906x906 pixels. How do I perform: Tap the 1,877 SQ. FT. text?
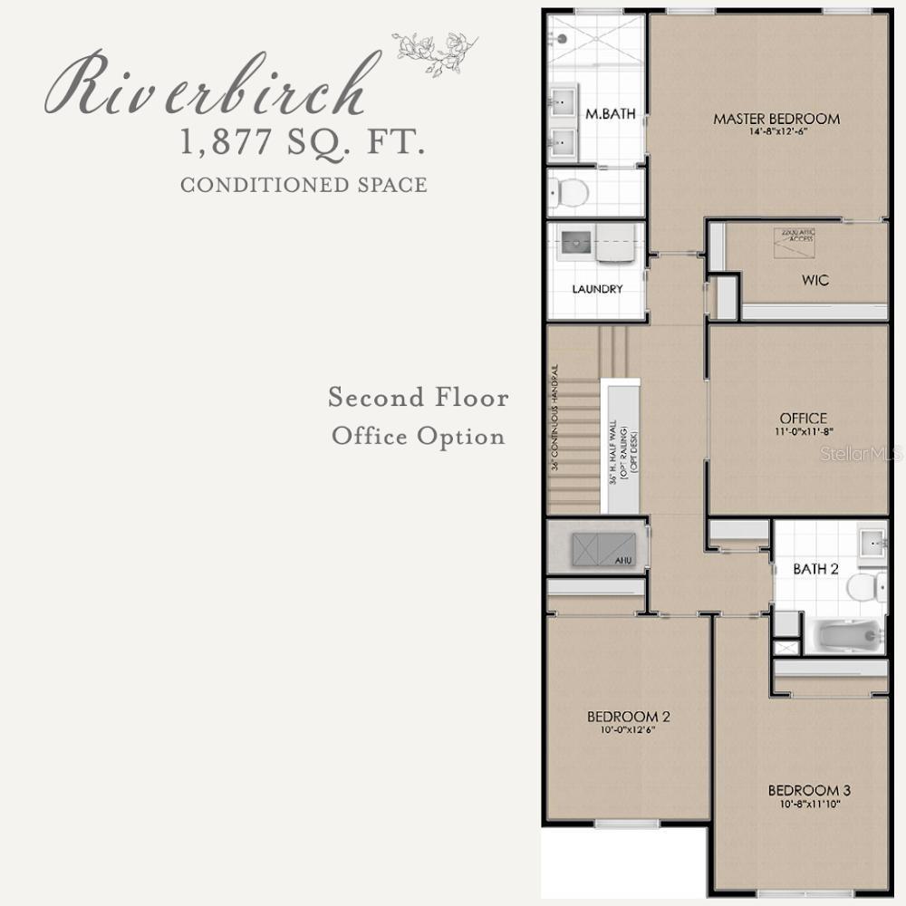tap(303, 143)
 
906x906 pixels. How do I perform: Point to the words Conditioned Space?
tap(304, 185)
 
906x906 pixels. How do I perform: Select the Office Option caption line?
tap(418, 436)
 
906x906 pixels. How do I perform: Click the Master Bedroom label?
tap(776, 119)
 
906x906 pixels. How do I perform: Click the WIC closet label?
tap(814, 280)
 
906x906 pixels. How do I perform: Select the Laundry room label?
tap(597, 289)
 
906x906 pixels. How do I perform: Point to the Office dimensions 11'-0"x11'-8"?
tap(803, 432)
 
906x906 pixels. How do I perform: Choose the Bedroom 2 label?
tap(628, 717)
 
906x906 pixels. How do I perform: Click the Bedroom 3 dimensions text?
tap(809, 804)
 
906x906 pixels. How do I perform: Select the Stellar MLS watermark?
tap(861, 453)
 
